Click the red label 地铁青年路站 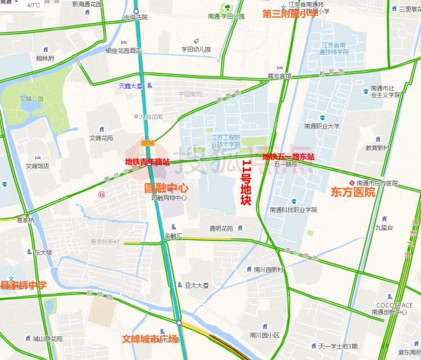(147, 162)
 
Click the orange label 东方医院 (353, 192)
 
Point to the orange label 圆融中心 (167, 187)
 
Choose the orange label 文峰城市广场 (150, 339)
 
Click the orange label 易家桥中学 (23, 285)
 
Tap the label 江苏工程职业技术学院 (226, 141)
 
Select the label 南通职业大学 (321, 126)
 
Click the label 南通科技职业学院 (294, 209)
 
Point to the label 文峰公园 (32, 98)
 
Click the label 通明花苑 (221, 229)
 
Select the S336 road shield (148, 143)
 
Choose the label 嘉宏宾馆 (279, 76)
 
